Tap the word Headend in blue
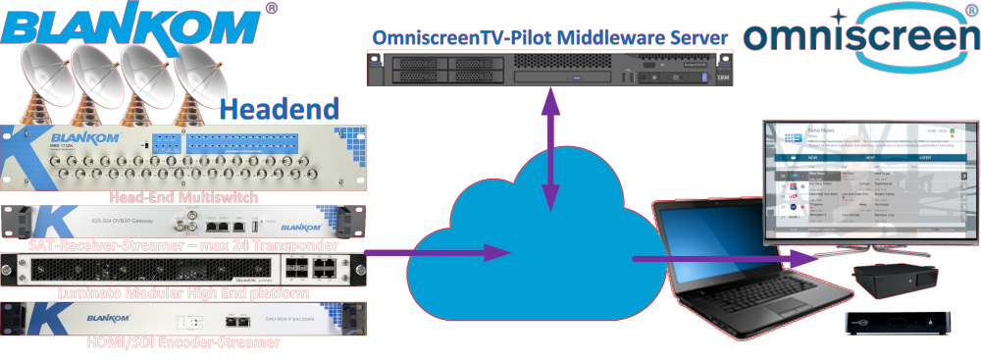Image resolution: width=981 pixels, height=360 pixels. click(279, 108)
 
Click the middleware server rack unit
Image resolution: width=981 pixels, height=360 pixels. click(549, 70)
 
